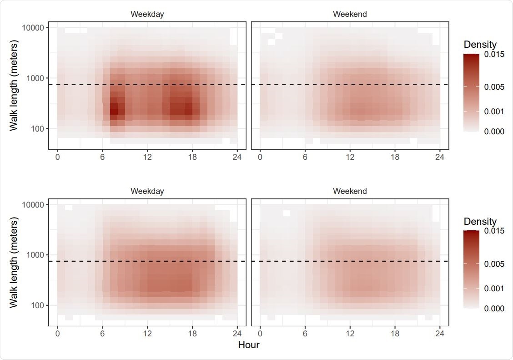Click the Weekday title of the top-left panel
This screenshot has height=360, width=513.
pyautogui.click(x=147, y=14)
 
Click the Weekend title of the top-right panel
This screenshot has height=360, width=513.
pyautogui.click(x=350, y=14)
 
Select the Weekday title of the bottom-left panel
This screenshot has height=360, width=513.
pyautogui.click(x=147, y=191)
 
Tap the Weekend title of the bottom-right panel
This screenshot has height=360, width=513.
pyautogui.click(x=350, y=191)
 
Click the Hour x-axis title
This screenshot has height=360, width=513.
pyautogui.click(x=249, y=345)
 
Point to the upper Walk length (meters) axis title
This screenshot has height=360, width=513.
pyautogui.click(x=14, y=86)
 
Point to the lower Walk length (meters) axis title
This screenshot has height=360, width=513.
pyautogui.click(x=14, y=263)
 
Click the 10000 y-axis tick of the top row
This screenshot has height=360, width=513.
pyautogui.click(x=32, y=28)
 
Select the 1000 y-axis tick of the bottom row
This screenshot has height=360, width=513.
pyautogui.click(x=35, y=255)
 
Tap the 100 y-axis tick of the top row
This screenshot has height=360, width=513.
pyautogui.click(x=37, y=129)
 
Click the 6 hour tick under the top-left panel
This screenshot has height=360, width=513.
pyautogui.click(x=102, y=157)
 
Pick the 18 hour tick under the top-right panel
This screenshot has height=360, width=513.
pyautogui.click(x=395, y=157)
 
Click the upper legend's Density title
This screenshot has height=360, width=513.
pyautogui.click(x=480, y=45)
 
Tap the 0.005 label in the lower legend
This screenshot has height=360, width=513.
pyautogui.click(x=494, y=264)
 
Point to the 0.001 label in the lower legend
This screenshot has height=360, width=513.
pyautogui.click(x=494, y=289)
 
